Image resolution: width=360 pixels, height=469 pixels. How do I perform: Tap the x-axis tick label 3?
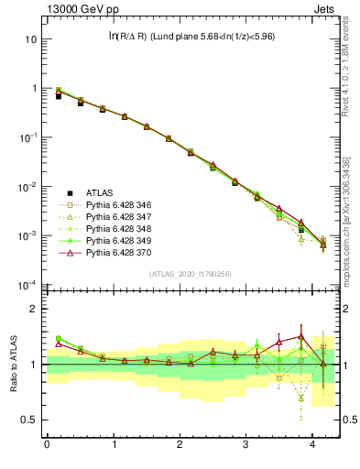click(246, 444)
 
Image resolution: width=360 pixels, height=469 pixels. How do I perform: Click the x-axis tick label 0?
click(47, 444)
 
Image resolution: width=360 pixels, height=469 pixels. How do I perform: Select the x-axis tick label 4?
click(312, 444)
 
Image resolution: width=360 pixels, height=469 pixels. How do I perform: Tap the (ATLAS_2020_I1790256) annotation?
click(190, 274)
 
